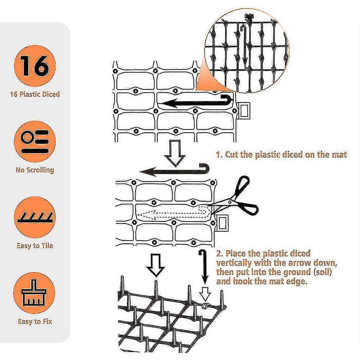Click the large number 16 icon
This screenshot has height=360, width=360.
pyautogui.click(x=35, y=66)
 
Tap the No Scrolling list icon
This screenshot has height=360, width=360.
pyautogui.click(x=35, y=142)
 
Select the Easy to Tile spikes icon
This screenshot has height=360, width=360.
pyautogui.click(x=35, y=217)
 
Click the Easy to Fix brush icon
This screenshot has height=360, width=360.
pyautogui.click(x=35, y=293)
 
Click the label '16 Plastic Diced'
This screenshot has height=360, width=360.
pyautogui.click(x=35, y=94)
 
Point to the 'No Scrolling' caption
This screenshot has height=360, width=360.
pyautogui.click(x=35, y=170)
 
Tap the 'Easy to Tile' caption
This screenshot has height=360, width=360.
pyautogui.click(x=35, y=246)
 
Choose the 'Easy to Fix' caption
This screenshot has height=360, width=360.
pyautogui.click(x=35, y=321)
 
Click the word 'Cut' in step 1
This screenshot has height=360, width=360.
pyautogui.click(x=232, y=155)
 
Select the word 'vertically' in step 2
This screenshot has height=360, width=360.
pyautogui.click(x=234, y=263)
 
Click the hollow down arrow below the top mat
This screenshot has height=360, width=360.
pyautogui.click(x=175, y=153)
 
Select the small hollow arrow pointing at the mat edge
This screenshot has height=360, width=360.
pyautogui.click(x=205, y=294)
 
